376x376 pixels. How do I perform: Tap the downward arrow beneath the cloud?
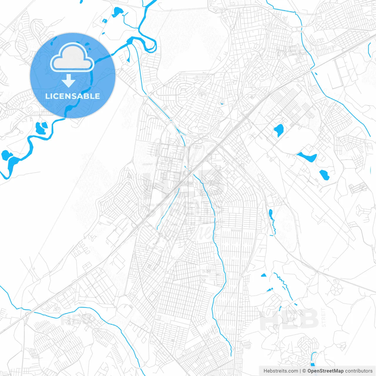(x=69, y=81)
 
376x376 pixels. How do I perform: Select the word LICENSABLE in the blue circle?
(x=73, y=96)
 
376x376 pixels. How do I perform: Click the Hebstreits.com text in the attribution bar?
(x=281, y=371)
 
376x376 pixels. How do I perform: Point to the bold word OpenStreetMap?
(x=325, y=371)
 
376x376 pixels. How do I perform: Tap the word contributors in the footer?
(x=359, y=371)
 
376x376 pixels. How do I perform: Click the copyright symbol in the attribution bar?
(x=304, y=371)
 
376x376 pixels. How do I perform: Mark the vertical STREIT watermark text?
(x=324, y=317)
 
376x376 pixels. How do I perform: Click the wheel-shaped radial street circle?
(x=335, y=289)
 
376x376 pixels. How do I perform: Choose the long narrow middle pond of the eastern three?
(x=307, y=157)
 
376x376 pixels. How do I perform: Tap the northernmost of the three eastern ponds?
(x=279, y=130)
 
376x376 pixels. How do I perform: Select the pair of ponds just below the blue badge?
(x=41, y=127)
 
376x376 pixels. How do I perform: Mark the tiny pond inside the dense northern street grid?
(x=222, y=103)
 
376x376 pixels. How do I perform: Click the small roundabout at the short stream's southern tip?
(x=161, y=235)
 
